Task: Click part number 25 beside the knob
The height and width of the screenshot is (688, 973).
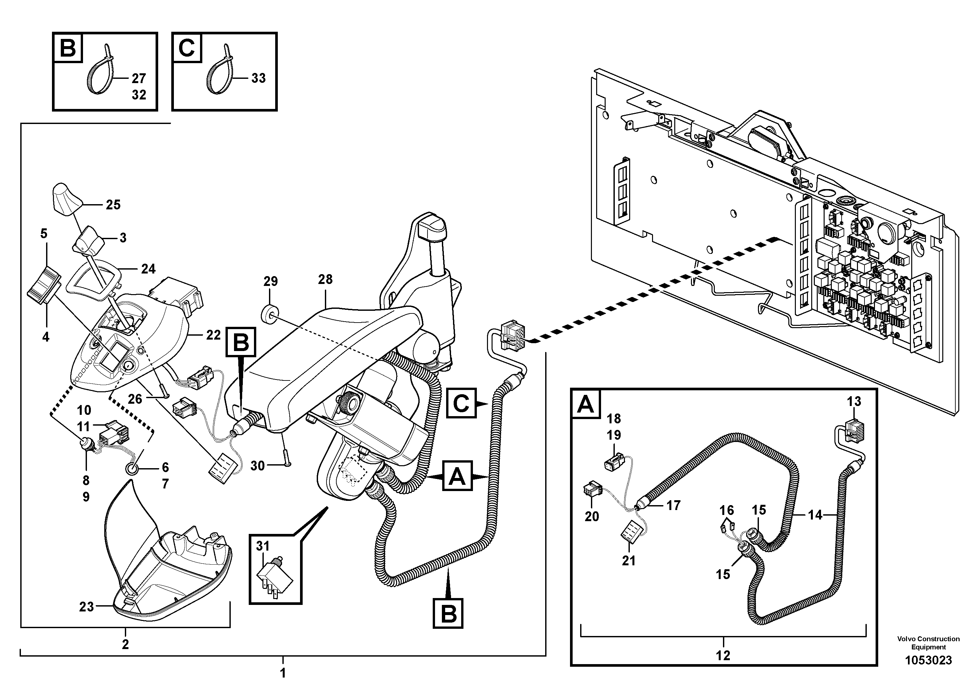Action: coord(113,205)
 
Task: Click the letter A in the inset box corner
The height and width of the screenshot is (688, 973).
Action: coord(586,405)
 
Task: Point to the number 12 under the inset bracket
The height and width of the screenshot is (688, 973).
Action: coord(723,655)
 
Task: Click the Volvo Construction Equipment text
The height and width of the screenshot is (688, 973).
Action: coord(928,643)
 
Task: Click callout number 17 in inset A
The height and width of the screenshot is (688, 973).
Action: coord(673,505)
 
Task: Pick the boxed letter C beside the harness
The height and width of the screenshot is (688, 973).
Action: coord(461,403)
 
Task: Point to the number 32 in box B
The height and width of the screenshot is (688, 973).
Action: coord(139,95)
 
